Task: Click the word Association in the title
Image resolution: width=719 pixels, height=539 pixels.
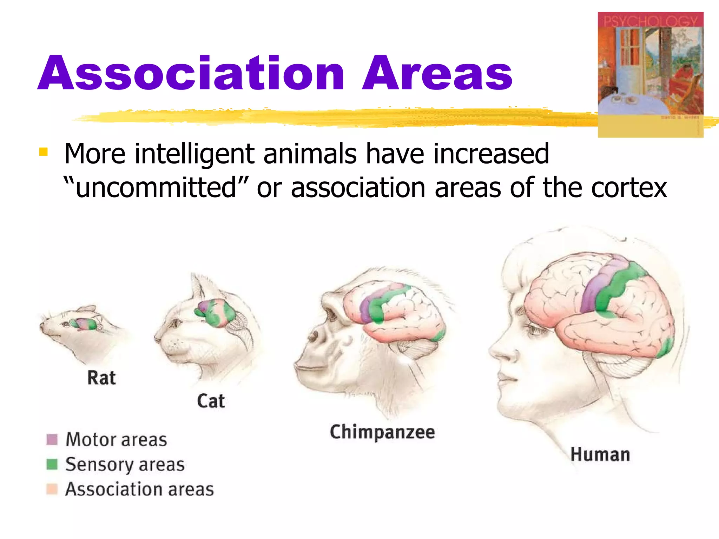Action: click(191, 74)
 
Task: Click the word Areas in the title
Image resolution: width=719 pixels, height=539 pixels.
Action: click(437, 74)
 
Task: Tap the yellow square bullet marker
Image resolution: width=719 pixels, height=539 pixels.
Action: click(44, 152)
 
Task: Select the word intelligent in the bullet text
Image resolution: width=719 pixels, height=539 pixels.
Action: click(195, 154)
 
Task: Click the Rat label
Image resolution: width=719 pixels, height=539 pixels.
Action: click(101, 378)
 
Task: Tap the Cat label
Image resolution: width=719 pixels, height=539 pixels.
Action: click(211, 401)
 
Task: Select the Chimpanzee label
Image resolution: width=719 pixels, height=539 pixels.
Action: click(382, 432)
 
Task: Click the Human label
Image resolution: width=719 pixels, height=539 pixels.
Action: click(600, 454)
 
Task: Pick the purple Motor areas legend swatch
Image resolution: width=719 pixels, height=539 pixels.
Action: click(52, 439)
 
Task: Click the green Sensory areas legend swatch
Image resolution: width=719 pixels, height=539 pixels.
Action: click(52, 464)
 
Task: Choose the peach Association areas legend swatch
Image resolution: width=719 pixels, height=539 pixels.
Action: click(52, 489)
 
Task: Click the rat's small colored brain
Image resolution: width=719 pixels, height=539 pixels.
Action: click(84, 324)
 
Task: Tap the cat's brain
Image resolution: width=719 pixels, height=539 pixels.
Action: click(215, 313)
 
